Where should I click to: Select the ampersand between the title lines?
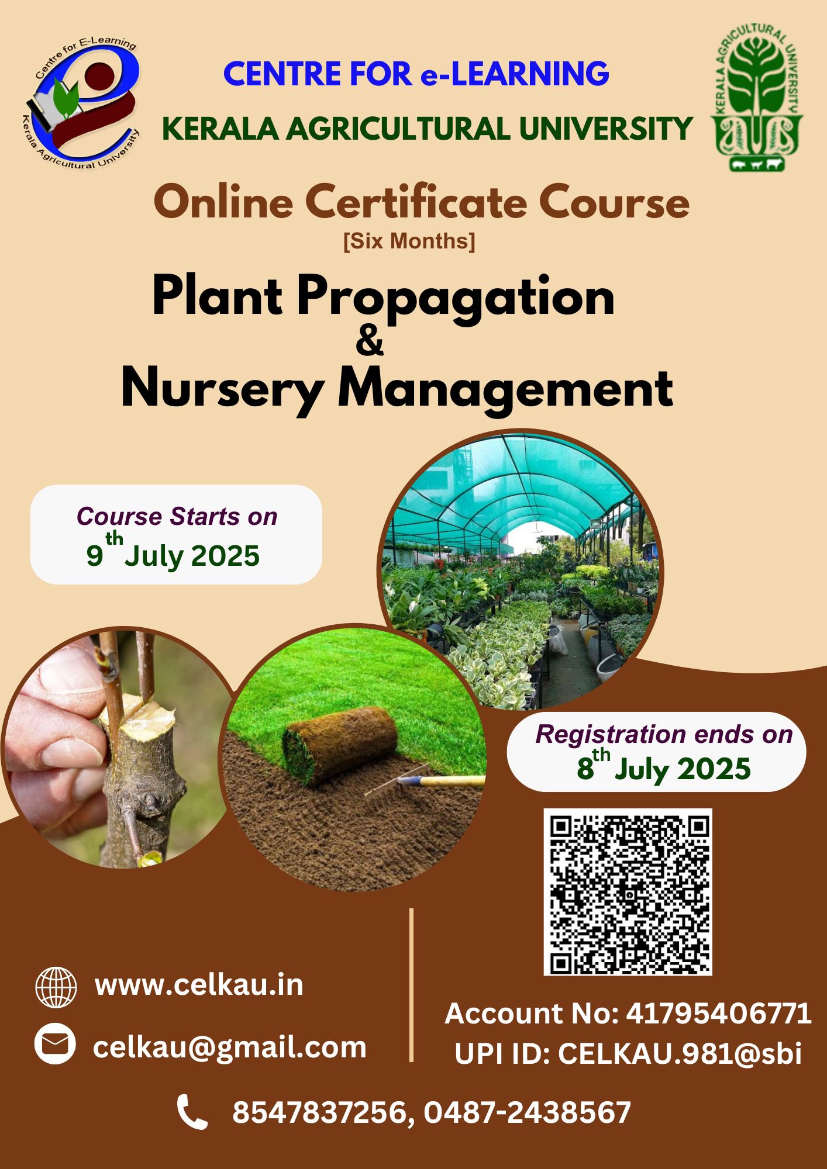[x=370, y=341]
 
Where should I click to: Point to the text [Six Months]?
[x=409, y=241]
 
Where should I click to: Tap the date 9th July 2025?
[x=173, y=552]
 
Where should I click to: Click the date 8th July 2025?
[x=664, y=766]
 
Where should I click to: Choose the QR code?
[x=628, y=892]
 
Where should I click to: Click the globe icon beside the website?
[x=56, y=987]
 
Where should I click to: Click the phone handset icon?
[x=192, y=1112]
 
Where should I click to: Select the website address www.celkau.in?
[x=199, y=985]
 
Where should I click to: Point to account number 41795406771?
[x=719, y=1014]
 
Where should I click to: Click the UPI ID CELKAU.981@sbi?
[x=680, y=1054]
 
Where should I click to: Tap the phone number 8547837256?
[x=319, y=1112]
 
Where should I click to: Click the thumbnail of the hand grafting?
[x=120, y=748]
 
